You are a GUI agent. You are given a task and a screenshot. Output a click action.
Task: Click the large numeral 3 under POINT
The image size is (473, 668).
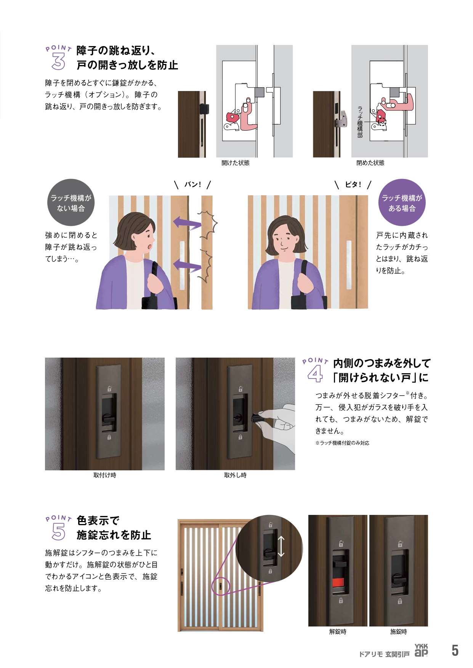tap(58, 62)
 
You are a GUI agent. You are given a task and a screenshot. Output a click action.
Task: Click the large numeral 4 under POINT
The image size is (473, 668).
tap(315, 374)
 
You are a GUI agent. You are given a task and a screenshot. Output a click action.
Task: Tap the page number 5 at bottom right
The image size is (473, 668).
tap(455, 650)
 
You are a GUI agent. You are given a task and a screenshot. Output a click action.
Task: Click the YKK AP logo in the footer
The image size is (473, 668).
tap(421, 650)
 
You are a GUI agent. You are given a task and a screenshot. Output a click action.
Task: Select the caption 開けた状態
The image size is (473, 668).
tap(236, 163)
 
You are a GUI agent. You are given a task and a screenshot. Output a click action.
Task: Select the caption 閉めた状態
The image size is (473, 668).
tap(370, 163)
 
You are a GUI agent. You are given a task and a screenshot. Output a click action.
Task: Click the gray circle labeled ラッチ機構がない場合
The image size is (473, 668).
tap(71, 203)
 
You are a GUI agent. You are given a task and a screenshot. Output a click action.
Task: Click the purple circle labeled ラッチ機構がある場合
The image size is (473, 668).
tap(402, 203)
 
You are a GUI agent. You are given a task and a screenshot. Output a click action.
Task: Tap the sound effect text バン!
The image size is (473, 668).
tap(192, 185)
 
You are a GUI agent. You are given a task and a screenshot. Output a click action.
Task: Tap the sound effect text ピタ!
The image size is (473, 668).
tap(353, 185)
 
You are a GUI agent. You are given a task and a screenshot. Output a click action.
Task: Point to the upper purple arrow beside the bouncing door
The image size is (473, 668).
tap(187, 223)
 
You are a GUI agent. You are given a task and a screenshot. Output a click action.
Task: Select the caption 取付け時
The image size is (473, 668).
tap(105, 475)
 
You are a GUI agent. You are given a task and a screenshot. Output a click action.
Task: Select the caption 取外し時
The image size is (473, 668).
tap(235, 475)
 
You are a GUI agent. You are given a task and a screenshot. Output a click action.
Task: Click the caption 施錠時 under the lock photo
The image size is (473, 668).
tap(399, 632)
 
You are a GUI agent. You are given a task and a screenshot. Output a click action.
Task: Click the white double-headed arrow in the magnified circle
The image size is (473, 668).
tap(281, 546)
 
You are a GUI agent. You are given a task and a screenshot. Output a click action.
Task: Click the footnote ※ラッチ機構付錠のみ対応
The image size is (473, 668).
tap(342, 443)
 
